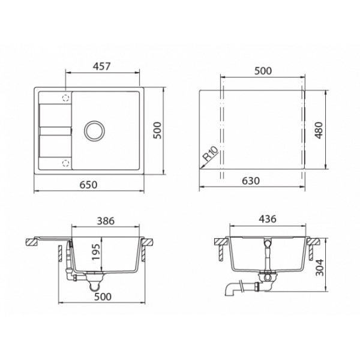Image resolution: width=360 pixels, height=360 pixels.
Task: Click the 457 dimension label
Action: point(102,66)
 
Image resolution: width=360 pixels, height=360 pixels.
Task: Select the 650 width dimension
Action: point(88,185)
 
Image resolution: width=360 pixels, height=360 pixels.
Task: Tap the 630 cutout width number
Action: point(251,181)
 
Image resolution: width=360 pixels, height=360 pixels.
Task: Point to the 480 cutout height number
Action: point(319,130)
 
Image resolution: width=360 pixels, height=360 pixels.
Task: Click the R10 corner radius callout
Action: point(211,154)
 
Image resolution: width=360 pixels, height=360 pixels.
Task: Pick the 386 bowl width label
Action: point(106,221)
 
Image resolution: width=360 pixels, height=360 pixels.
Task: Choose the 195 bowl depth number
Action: point(96,252)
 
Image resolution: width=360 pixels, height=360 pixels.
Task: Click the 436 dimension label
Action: point(268,219)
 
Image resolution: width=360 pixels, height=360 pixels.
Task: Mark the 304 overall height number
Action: point(319,268)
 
